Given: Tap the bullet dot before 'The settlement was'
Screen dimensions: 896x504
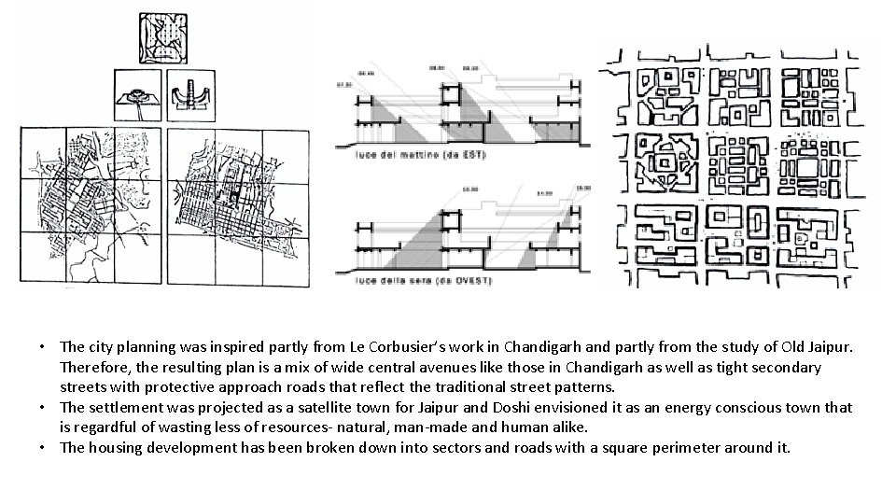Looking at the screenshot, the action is tap(44, 408).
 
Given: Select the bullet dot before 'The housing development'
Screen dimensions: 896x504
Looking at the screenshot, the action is tap(44, 447).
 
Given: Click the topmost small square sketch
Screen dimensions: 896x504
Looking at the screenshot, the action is tap(162, 37).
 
